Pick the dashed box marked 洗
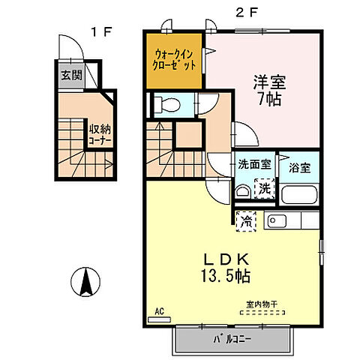coord(264,189)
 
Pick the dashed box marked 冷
coord(246,220)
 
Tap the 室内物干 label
coord(262,304)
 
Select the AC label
coord(159,310)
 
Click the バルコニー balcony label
coord(230,338)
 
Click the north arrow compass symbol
coord(85,282)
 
